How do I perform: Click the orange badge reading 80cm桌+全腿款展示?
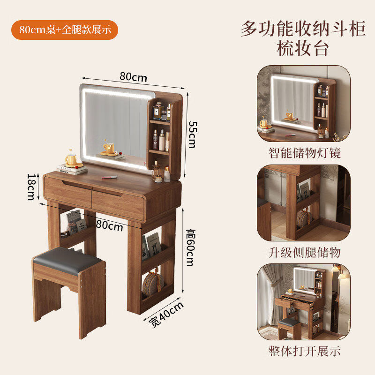[65, 29]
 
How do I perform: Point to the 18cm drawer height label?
[31, 187]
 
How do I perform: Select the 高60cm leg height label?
[189, 247]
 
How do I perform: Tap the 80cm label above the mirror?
[133, 76]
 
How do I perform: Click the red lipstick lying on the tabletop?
[109, 177]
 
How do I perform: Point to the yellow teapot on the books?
[71, 159]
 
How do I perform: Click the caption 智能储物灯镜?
[304, 153]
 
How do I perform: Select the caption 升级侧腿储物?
[304, 252]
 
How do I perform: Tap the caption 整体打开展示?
[304, 351]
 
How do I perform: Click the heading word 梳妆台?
[303, 49]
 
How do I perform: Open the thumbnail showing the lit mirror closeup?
[304, 104]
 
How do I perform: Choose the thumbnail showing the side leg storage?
[304, 203]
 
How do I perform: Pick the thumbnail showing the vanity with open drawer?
[304, 302]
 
